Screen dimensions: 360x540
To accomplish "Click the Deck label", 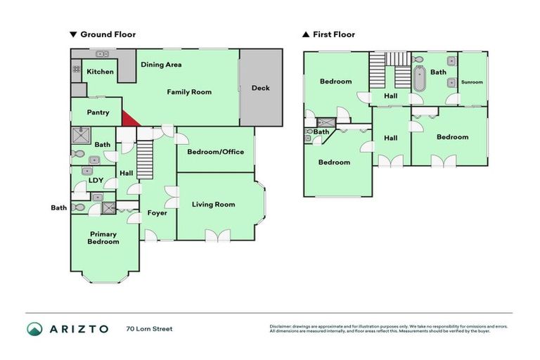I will (x=260, y=88).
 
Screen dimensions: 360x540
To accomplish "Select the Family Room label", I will (x=188, y=92).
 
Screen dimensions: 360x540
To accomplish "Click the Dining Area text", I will (x=161, y=65).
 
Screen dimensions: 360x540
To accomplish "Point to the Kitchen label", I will (x=100, y=72).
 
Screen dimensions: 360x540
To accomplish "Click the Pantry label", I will (x=98, y=112).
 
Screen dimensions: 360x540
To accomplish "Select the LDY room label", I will (x=96, y=180).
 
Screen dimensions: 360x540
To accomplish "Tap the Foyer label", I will (x=157, y=212).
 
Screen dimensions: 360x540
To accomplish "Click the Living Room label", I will (x=213, y=205).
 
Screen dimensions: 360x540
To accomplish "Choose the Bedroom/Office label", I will (x=215, y=152).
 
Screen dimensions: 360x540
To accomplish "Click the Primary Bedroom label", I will (x=103, y=238).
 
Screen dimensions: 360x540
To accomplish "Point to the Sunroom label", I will (x=472, y=82).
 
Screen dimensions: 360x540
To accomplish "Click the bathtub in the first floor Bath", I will (x=420, y=79).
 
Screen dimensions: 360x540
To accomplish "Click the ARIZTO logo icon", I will (x=34, y=328).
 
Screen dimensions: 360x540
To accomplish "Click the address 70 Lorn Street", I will (x=149, y=328).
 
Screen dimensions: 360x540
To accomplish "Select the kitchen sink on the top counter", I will (x=103, y=53).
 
